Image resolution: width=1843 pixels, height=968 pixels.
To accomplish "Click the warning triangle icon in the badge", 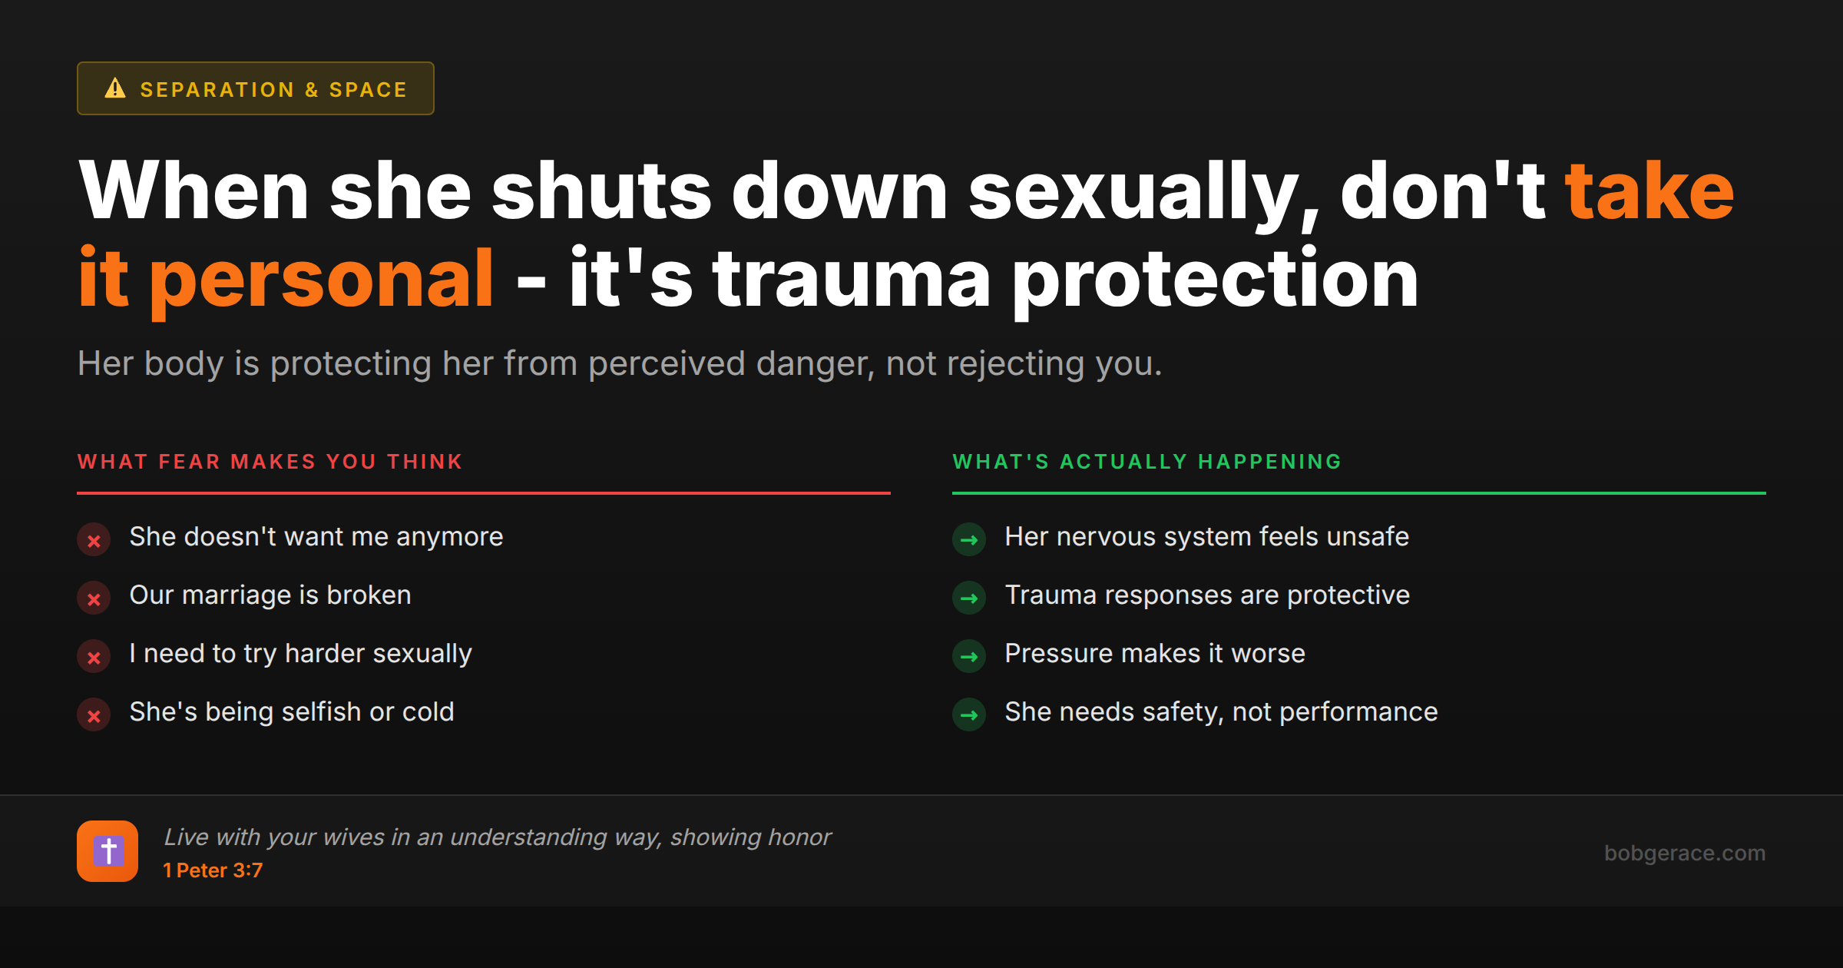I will pyautogui.click(x=115, y=88).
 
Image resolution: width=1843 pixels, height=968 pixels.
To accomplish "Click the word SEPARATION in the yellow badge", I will pyautogui.click(x=217, y=90).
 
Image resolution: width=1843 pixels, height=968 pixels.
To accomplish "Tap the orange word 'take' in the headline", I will pyautogui.click(x=1649, y=191).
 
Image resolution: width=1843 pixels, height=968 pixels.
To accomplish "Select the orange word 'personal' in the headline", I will pyautogui.click(x=321, y=279).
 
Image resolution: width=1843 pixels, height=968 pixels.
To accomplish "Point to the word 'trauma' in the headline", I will pyautogui.click(x=851, y=279).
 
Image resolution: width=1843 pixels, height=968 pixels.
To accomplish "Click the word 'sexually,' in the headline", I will pyautogui.click(x=1143, y=191).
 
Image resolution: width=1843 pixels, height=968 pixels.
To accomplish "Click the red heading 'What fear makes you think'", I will pyautogui.click(x=270, y=462).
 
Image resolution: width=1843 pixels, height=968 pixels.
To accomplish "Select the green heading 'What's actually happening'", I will pyautogui.click(x=1147, y=462).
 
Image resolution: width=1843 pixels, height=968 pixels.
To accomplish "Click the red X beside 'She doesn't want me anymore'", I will pyautogui.click(x=94, y=540).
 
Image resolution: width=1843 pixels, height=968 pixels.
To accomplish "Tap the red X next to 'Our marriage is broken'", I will pyautogui.click(x=94, y=598).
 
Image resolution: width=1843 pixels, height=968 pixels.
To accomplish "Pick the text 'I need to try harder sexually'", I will pyautogui.click(x=300, y=653).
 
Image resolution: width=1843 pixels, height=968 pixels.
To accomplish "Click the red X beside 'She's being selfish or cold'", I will pyautogui.click(x=94, y=715).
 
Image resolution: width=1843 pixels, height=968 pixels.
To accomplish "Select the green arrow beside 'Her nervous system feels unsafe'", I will pyautogui.click(x=969, y=540).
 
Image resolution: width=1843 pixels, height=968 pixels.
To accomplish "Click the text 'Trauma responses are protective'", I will pyautogui.click(x=1207, y=595).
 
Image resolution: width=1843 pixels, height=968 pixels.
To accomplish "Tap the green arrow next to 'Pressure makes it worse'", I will pyautogui.click(x=969, y=657).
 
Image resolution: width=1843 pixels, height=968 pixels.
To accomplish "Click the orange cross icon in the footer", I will pyautogui.click(x=108, y=851).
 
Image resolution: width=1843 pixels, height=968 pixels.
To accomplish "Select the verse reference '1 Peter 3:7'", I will pyautogui.click(x=213, y=870).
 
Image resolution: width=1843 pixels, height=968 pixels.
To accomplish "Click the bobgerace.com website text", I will pyautogui.click(x=1685, y=853).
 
